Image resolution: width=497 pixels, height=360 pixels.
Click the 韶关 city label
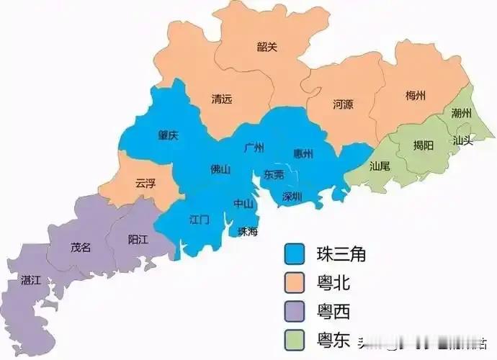(267, 47)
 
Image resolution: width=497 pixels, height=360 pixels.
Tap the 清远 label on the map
(222, 99)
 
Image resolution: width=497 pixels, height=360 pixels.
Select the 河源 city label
(343, 104)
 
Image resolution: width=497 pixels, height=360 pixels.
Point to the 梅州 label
(416, 96)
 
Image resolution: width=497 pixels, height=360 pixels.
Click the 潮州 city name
(462, 113)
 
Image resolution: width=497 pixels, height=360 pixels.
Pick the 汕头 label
(462, 140)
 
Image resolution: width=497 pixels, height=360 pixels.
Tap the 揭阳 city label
(424, 145)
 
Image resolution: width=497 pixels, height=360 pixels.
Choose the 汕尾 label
(380, 166)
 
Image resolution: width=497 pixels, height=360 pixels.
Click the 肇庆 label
(169, 135)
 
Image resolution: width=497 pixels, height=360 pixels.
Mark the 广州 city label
(254, 148)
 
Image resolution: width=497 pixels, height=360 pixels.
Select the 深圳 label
(292, 196)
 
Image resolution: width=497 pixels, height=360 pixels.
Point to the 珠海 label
(247, 231)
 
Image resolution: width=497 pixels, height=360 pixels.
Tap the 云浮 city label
(145, 183)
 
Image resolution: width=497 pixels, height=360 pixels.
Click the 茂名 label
(81, 247)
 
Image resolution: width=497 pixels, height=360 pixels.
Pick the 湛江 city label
(32, 279)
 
